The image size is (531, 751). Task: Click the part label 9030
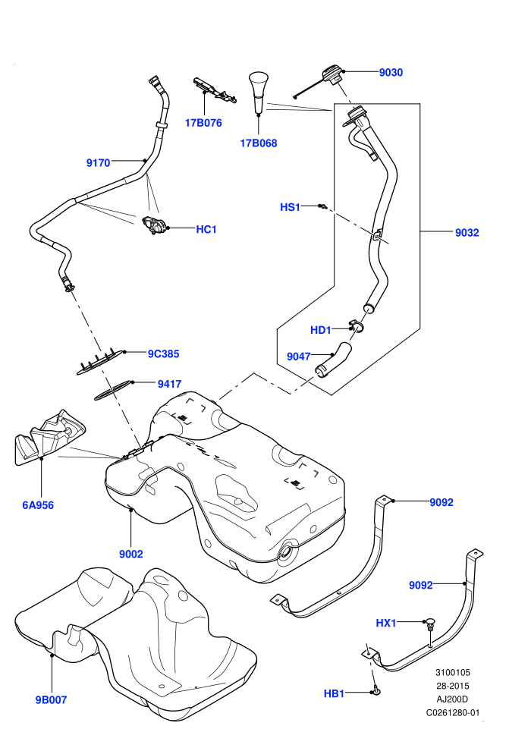coord(391,72)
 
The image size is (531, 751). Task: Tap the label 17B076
coord(203,123)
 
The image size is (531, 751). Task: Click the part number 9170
coord(98,163)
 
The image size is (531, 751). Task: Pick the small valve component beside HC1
coord(154,225)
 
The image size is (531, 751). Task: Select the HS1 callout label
coord(291,207)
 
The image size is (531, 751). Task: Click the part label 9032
coord(467,233)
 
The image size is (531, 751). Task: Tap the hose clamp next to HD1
coord(357,325)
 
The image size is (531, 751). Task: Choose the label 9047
coord(299,357)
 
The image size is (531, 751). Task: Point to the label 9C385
coord(163,354)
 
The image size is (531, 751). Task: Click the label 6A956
coord(38,504)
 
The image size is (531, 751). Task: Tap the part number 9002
coord(131,555)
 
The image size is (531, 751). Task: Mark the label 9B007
coord(52,699)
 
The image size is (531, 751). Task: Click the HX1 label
coord(386,623)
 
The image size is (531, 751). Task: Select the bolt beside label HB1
coord(375,690)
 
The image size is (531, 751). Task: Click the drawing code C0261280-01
coord(453,712)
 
